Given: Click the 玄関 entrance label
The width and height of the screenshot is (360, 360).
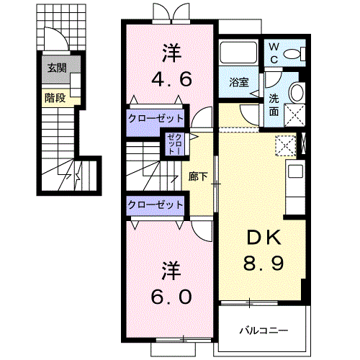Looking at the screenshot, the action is pyautogui.click(x=57, y=68).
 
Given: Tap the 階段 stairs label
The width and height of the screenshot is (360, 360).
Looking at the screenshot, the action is pyautogui.click(x=55, y=98).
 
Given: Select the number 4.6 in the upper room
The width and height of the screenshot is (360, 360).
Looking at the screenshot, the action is pyautogui.click(x=171, y=79).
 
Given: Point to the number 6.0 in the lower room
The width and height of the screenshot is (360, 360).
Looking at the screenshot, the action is pyautogui.click(x=171, y=296).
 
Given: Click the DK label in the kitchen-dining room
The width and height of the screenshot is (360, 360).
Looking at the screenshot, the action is pyautogui.click(x=264, y=238).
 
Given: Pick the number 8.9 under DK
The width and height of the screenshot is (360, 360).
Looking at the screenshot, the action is pyautogui.click(x=264, y=263).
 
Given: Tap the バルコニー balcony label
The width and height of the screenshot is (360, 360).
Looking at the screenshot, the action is pyautogui.click(x=264, y=330).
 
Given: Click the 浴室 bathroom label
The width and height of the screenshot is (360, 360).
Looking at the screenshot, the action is pyautogui.click(x=239, y=82).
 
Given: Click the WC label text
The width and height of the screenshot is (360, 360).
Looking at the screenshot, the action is pyautogui.click(x=274, y=53).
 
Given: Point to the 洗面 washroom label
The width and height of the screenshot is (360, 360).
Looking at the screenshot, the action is pyautogui.click(x=274, y=105).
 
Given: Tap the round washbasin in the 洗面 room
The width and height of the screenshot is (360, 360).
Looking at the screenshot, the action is pyautogui.click(x=297, y=93).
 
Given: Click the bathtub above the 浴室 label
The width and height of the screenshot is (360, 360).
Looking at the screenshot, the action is pyautogui.click(x=238, y=53).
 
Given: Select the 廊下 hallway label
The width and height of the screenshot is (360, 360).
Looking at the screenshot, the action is pyautogui.click(x=198, y=176).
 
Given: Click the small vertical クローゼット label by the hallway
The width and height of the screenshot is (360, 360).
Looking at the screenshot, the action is pyautogui.click(x=176, y=144).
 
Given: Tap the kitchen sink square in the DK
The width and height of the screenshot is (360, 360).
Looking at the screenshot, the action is pyautogui.click(x=296, y=171).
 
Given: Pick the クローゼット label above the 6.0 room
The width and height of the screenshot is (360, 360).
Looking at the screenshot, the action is pyautogui.click(x=156, y=205).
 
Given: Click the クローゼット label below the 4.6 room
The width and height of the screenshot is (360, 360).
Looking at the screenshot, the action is pyautogui.click(x=156, y=118).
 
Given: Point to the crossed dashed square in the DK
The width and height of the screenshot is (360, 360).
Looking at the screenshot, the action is pyautogui.click(x=285, y=146).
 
